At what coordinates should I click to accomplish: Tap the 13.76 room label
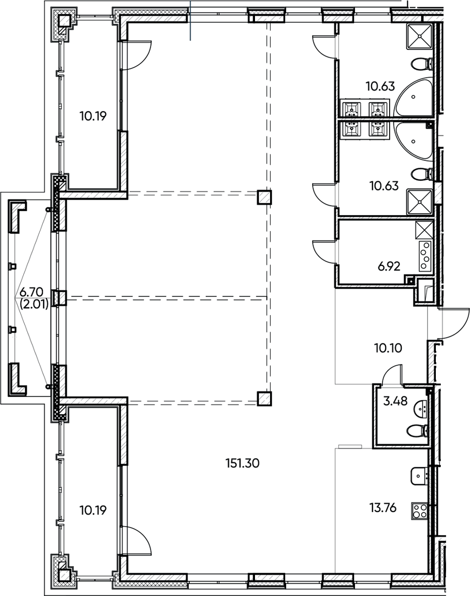click(x=383, y=508)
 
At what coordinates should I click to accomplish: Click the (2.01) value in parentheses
click(x=30, y=305)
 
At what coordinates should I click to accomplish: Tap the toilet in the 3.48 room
click(x=417, y=431)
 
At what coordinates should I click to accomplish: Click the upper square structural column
click(x=264, y=197)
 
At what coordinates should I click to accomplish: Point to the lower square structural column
click(x=264, y=398)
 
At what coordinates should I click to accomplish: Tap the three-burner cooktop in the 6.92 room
click(x=425, y=256)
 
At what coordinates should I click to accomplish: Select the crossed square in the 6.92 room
click(x=424, y=229)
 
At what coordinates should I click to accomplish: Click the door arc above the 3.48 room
click(x=390, y=376)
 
